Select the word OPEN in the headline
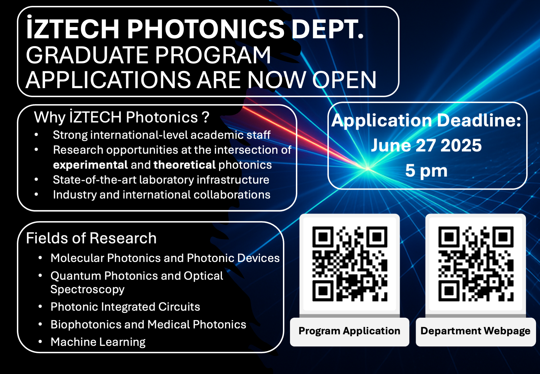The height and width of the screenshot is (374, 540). (x=344, y=80)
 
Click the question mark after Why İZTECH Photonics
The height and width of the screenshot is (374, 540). (x=206, y=117)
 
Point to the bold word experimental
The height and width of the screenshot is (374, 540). (x=90, y=165)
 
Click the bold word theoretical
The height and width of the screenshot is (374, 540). (x=184, y=165)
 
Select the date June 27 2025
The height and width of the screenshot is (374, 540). (x=426, y=145)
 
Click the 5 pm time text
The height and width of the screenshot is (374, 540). (x=426, y=171)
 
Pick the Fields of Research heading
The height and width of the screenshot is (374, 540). (x=91, y=238)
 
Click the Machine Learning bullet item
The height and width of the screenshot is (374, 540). (x=98, y=342)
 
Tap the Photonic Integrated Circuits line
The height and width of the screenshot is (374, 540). (x=125, y=307)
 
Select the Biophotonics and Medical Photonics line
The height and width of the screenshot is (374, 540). (x=148, y=324)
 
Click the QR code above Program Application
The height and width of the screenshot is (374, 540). (x=350, y=264)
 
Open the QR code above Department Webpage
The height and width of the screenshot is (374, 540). (x=476, y=264)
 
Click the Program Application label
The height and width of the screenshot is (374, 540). (x=349, y=331)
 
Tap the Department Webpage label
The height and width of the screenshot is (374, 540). (x=475, y=331)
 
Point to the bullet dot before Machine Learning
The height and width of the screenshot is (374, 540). (x=40, y=342)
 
